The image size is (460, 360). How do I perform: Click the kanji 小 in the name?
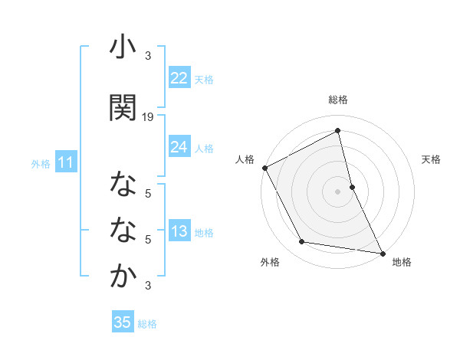click(123, 47)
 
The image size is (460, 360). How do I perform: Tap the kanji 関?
click(123, 107)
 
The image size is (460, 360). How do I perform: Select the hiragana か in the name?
click(123, 277)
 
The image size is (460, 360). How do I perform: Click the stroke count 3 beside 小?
click(148, 56)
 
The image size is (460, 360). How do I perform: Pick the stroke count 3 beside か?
click(148, 286)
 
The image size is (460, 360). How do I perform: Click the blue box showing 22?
click(179, 78)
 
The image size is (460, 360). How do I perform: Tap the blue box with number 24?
click(179, 147)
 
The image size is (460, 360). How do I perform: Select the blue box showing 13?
click(179, 232)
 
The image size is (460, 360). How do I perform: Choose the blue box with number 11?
click(65, 162)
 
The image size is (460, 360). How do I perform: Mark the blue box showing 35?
click(122, 322)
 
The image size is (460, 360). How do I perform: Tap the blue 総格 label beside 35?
click(147, 324)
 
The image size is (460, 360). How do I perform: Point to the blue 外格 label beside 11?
click(41, 164)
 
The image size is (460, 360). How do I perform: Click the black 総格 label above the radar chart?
click(338, 100)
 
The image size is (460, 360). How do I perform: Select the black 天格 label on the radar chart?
click(432, 159)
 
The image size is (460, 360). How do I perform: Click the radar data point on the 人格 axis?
click(264, 168)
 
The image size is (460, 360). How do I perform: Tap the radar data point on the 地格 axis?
click(382, 253)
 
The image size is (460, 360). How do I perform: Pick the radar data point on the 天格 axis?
click(352, 186)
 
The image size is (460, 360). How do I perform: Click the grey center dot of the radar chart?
click(338, 191)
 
